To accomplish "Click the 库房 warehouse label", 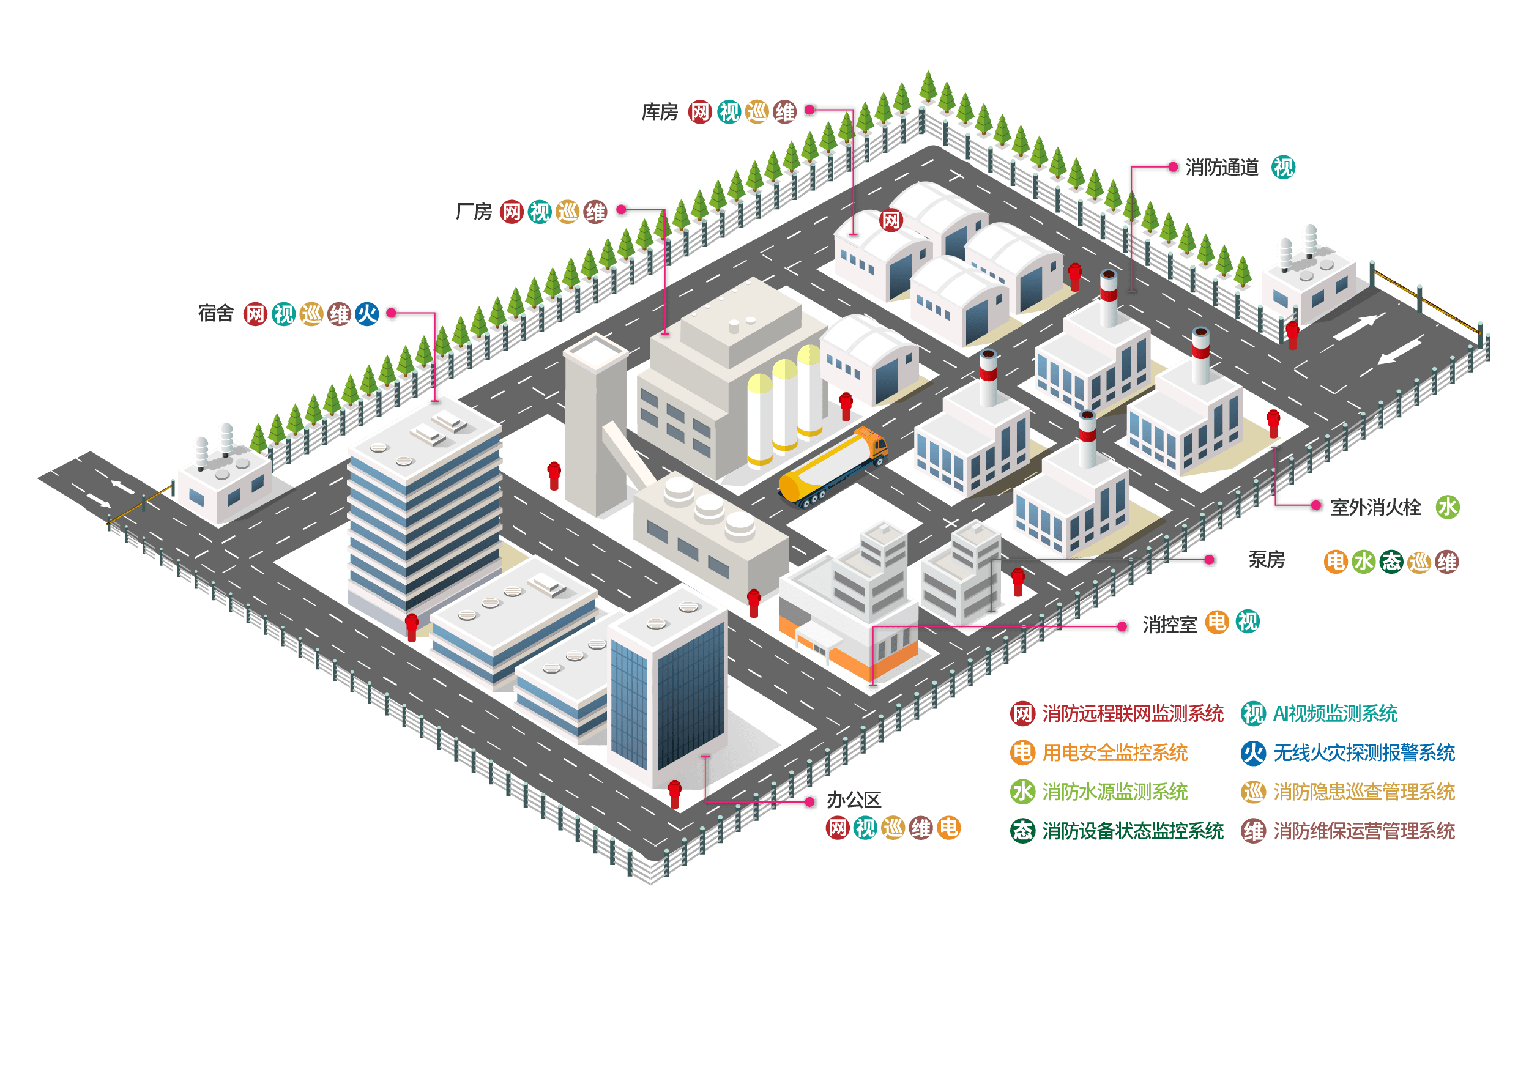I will (x=660, y=113).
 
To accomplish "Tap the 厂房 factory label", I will (x=474, y=212).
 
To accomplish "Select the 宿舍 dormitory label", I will (x=216, y=313).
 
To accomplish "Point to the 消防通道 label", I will (x=1222, y=168).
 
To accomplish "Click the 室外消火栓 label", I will (x=1375, y=508).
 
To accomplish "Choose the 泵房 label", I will (x=1266, y=560).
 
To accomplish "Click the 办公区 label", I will (x=854, y=801).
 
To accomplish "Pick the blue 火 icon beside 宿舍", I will (x=367, y=313).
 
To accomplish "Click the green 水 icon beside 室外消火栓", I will (x=1447, y=508).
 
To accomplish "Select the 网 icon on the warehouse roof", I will (x=891, y=220).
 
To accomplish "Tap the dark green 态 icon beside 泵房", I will (x=1391, y=562).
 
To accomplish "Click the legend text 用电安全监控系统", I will (x=1115, y=753).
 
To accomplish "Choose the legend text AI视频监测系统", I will (x=1335, y=714).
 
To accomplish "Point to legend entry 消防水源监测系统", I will (x=1115, y=792).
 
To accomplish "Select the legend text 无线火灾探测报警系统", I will (x=1364, y=753).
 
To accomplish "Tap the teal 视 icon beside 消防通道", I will (x=1283, y=168).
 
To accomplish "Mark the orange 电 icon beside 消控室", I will (x=1216, y=623).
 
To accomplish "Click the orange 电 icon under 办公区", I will (x=949, y=828).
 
